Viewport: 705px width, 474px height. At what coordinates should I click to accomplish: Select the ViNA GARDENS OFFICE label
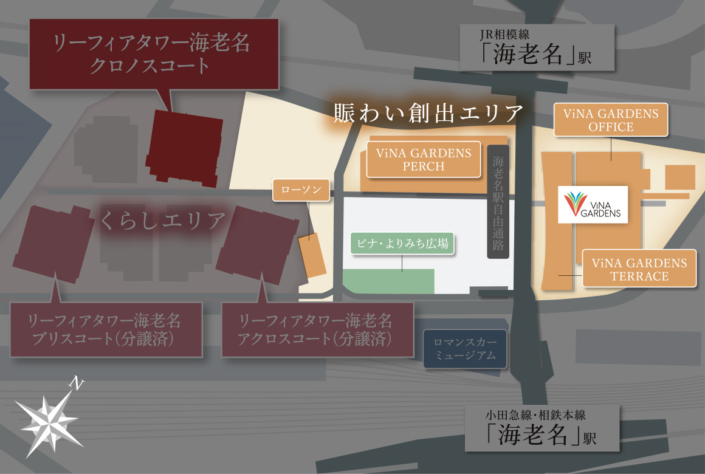[611, 120]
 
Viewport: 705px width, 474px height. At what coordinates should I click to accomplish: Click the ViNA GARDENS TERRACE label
[639, 269]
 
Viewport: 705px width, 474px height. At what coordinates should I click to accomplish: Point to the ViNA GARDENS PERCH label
[424, 159]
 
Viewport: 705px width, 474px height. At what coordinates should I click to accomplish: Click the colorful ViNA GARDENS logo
[593, 204]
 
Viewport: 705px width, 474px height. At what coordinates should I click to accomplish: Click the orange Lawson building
[312, 255]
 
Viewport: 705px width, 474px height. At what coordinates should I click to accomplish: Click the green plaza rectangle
[390, 281]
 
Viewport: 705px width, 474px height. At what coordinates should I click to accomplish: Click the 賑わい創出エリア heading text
[428, 112]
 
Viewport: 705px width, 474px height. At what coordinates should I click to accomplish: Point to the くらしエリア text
[162, 221]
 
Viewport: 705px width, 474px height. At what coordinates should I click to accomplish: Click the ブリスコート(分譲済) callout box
[105, 329]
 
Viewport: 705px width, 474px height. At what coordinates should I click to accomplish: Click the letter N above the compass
[75, 382]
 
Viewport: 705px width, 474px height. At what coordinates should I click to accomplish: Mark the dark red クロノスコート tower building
[185, 147]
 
